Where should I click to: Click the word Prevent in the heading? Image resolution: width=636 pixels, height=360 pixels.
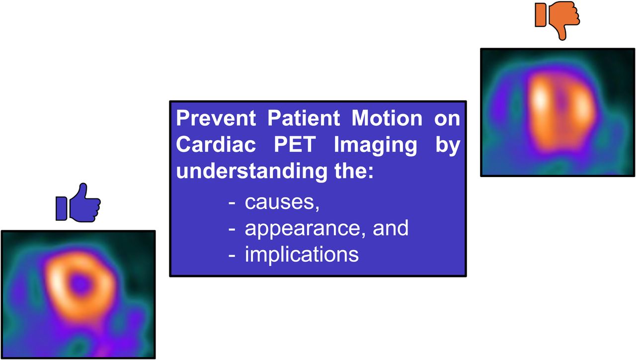coord(216,118)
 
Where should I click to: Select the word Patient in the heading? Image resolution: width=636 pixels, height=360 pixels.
coord(304,118)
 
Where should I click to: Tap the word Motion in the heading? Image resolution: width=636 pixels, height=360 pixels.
coord(387,118)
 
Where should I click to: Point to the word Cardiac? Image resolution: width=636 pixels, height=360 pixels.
coord(216,144)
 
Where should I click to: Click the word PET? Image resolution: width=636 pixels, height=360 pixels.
coord(295,144)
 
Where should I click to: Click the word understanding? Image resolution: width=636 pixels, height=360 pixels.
coord(251,172)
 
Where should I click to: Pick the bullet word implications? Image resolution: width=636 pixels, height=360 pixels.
coord(302,254)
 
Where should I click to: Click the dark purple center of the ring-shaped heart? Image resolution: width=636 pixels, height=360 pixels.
coord(79,283)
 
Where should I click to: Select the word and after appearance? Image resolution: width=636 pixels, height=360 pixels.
coord(391,228)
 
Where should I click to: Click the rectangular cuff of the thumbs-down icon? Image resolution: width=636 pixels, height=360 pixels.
coord(540,15)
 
